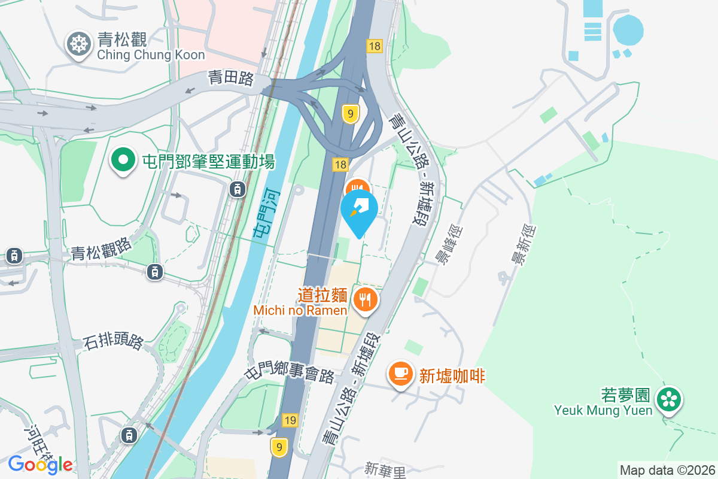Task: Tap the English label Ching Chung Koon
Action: click(151, 55)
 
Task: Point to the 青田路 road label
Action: click(231, 78)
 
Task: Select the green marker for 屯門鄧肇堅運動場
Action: click(123, 160)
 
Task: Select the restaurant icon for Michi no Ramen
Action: click(365, 298)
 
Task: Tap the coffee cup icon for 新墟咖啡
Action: click(401, 374)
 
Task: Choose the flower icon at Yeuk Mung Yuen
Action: click(669, 399)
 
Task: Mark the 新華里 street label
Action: click(385, 468)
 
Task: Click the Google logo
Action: click(41, 464)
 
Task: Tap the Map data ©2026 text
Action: click(667, 470)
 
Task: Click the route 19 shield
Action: click(290, 420)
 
